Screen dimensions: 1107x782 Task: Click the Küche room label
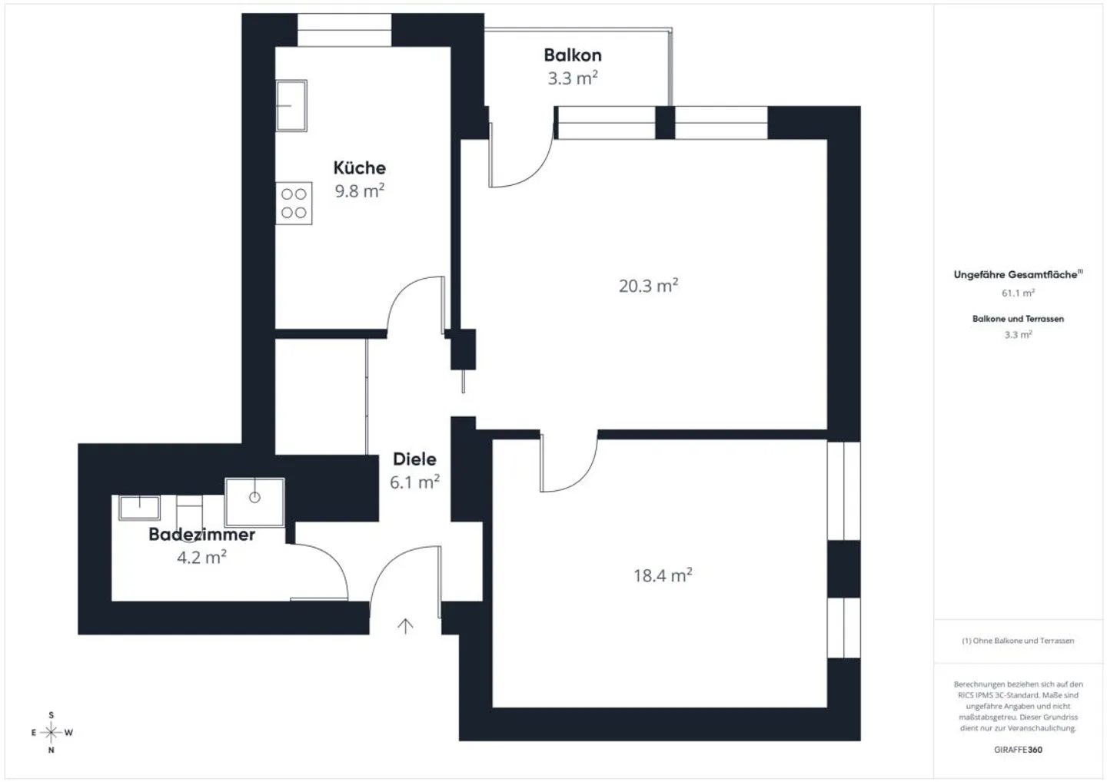[359, 168]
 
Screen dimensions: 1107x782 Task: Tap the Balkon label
[573, 55]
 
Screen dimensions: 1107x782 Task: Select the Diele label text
[414, 459]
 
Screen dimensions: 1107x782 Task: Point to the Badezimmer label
[201, 534]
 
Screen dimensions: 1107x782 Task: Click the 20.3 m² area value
[648, 285]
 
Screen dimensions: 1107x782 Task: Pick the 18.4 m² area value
[663, 575]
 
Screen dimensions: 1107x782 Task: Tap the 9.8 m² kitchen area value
[359, 191]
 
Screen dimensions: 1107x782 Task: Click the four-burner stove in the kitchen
[294, 204]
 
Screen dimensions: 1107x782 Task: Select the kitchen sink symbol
[291, 106]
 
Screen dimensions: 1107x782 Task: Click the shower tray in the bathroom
[254, 502]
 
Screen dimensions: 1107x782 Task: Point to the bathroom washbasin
[139, 508]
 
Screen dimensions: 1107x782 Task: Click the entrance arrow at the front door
[405, 626]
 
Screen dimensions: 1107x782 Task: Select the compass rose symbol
[52, 733]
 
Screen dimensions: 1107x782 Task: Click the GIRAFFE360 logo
[1018, 750]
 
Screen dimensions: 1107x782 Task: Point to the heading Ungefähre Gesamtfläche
[1018, 274]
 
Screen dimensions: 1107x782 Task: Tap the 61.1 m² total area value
[1018, 293]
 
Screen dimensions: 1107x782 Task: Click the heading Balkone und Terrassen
[1018, 319]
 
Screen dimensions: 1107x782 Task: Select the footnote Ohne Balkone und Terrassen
[1018, 641]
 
